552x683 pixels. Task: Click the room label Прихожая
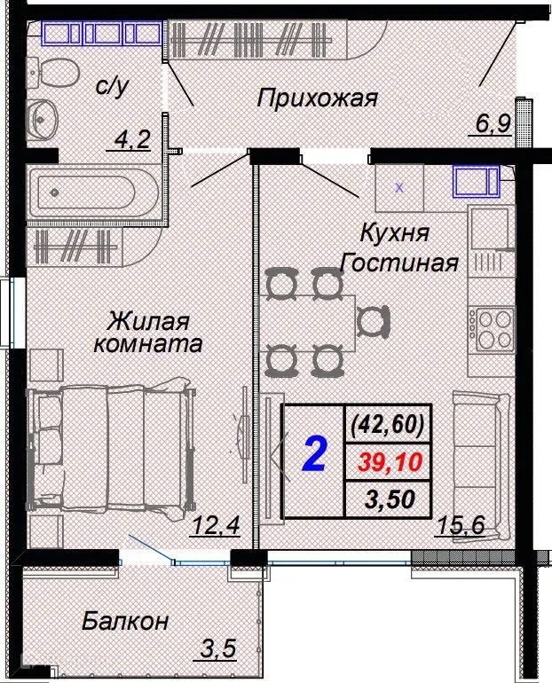point(317,98)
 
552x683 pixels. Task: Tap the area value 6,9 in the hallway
point(491,123)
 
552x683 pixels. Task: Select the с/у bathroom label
point(112,87)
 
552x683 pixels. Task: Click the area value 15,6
point(459,528)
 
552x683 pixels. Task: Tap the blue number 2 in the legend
point(313,454)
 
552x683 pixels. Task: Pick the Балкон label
point(125,621)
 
